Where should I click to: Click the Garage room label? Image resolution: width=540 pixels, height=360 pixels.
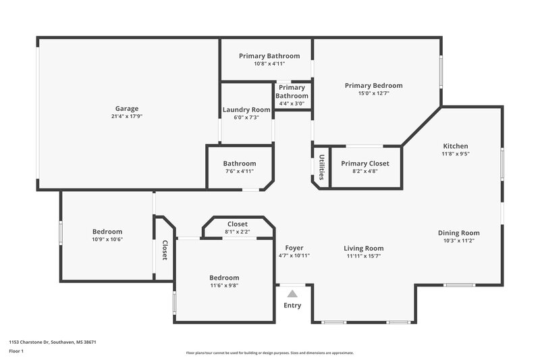(x=127, y=108)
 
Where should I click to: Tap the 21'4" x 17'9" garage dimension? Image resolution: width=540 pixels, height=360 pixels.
(x=127, y=116)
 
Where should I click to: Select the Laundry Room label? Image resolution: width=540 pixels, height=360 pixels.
(x=246, y=110)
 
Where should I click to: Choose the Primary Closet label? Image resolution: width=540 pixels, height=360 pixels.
(x=364, y=163)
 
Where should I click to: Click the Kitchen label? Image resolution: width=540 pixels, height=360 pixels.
(x=455, y=146)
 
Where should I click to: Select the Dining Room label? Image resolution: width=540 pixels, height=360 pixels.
(x=458, y=233)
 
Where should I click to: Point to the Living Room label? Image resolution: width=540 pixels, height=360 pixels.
(x=364, y=248)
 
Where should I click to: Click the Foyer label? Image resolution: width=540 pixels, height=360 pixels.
(x=294, y=248)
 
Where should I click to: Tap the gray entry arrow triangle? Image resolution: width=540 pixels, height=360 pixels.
(x=292, y=294)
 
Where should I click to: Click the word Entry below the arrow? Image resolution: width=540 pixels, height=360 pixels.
(x=292, y=305)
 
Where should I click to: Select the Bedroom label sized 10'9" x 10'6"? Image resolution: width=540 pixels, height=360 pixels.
(x=107, y=231)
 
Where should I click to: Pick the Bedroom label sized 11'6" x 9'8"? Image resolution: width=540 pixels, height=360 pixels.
(x=223, y=278)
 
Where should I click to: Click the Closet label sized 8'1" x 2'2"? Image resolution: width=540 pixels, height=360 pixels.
(x=237, y=224)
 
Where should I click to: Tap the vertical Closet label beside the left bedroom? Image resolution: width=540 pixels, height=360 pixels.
(x=164, y=251)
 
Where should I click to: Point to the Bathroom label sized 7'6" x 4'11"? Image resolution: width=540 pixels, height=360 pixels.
(x=240, y=163)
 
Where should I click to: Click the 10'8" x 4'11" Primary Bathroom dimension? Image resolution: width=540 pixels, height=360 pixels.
(x=269, y=63)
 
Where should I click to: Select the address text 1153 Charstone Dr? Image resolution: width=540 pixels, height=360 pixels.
(x=34, y=342)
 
